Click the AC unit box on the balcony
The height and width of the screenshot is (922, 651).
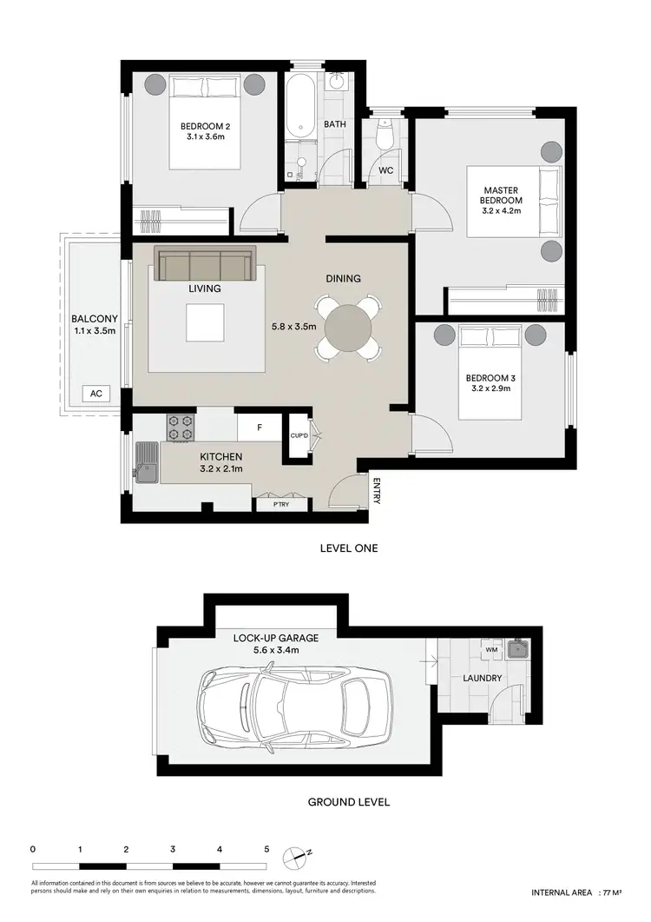[95, 394]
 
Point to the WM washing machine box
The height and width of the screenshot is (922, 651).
[491, 649]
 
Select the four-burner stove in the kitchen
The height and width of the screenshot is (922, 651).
[181, 426]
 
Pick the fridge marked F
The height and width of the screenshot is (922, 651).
[260, 427]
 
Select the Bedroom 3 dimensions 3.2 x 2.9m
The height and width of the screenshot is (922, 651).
[490, 388]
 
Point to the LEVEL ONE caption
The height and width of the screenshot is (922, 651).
[348, 548]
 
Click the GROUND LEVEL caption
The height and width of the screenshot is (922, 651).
[348, 802]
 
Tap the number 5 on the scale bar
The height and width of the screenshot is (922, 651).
[266, 849]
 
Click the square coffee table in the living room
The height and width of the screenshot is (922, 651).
[205, 323]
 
